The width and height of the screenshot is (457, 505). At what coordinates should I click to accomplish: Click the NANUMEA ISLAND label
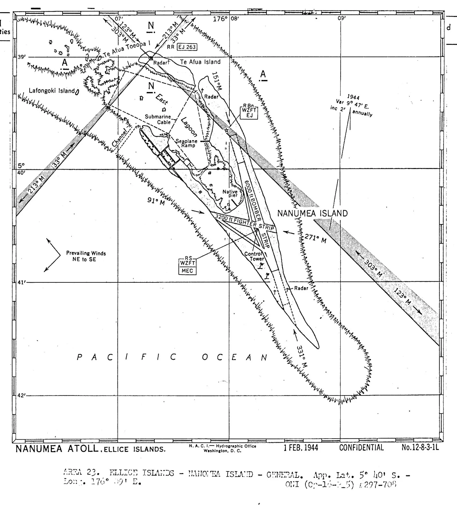[313, 213]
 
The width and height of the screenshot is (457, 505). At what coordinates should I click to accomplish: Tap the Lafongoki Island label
[52, 91]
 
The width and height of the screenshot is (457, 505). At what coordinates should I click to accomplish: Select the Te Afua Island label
[200, 62]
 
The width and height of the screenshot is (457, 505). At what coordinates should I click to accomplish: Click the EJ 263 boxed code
[188, 47]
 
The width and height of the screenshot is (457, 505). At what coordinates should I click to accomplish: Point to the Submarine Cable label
[158, 119]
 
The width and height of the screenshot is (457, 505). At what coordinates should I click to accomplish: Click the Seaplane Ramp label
[187, 143]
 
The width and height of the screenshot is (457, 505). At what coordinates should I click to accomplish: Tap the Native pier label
[230, 193]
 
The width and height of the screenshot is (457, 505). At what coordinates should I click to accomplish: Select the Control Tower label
[253, 256]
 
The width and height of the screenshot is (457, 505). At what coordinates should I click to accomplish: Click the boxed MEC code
[188, 271]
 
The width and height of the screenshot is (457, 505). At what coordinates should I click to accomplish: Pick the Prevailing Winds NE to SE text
[85, 256]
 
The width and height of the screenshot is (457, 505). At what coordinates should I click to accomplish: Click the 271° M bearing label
[315, 238]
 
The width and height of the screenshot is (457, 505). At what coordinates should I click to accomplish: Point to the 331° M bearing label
[302, 356]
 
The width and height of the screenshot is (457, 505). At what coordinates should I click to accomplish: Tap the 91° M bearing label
[156, 201]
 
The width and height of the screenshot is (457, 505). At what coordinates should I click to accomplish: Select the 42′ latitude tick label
[21, 395]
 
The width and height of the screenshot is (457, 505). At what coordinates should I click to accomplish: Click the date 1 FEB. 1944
[301, 447]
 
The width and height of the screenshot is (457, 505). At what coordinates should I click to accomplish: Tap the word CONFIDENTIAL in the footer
[361, 447]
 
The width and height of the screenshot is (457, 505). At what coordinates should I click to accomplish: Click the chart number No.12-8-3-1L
[420, 447]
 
